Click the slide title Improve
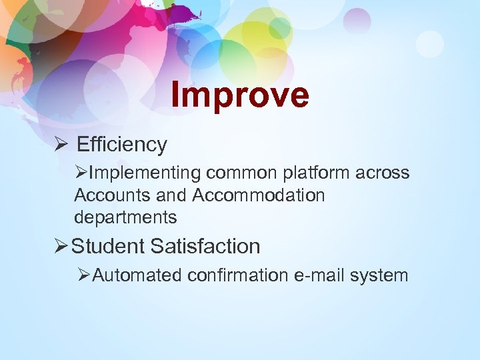pyautogui.click(x=240, y=95)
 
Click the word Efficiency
pyautogui.click(x=121, y=144)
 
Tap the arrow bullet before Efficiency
pyautogui.click(x=59, y=144)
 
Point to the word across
pyautogui.click(x=383, y=173)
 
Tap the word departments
pyautogui.click(x=125, y=217)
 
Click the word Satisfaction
pyautogui.click(x=205, y=246)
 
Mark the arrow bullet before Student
pyautogui.click(x=61, y=246)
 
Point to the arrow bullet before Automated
pyautogui.click(x=83, y=275)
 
